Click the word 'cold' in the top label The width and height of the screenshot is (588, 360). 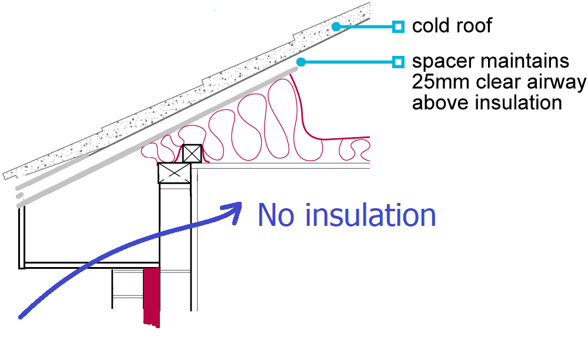click(x=431, y=25)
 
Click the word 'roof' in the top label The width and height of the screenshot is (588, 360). click(x=474, y=25)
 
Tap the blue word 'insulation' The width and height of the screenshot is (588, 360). click(x=370, y=215)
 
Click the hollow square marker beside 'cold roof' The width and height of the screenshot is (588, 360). click(x=398, y=27)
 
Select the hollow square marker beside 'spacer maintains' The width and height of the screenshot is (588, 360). click(x=398, y=62)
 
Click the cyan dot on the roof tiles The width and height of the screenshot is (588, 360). click(x=336, y=26)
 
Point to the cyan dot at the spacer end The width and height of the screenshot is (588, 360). click(x=300, y=62)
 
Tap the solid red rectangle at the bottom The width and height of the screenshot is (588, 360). click(x=152, y=297)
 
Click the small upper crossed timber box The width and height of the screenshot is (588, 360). click(x=192, y=154)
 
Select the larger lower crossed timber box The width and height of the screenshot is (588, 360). click(x=175, y=173)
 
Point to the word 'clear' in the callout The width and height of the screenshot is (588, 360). click(x=499, y=82)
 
